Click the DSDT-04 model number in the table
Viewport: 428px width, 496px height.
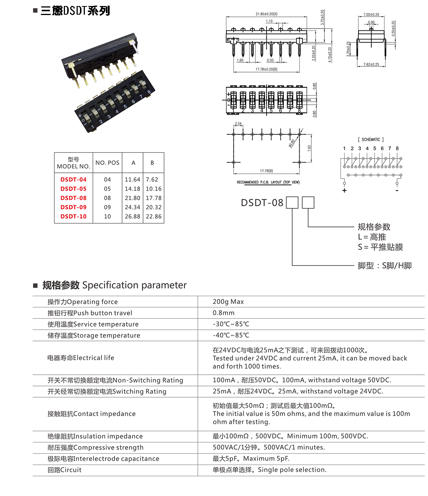pos(73,179)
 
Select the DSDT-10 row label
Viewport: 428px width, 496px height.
pos(73,216)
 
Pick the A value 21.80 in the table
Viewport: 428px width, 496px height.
pos(132,198)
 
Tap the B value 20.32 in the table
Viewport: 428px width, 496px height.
pos(154,207)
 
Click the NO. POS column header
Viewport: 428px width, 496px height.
pos(107,163)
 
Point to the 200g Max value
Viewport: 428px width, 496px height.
pos(228,302)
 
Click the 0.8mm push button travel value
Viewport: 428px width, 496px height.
pos(223,313)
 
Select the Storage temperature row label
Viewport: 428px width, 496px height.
pos(94,336)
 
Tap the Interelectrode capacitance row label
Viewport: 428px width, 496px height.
pos(103,459)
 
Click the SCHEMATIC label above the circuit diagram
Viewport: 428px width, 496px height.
pos(371,140)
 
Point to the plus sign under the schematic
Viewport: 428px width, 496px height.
pos(344,190)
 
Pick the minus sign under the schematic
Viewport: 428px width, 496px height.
pos(397,190)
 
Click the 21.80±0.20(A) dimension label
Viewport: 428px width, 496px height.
pos(267,14)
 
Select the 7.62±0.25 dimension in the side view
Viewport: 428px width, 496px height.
pos(371,65)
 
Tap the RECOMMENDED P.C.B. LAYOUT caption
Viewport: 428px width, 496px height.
pos(268,182)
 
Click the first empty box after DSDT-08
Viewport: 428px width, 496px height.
pos(292,203)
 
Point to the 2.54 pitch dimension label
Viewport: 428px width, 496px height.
pos(238,124)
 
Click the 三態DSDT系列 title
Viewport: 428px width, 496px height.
pos(75,11)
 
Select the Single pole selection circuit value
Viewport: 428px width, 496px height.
pos(270,470)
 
